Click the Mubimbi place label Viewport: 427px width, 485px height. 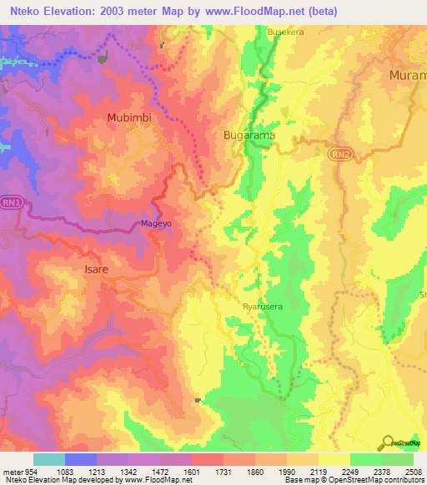tap(129, 118)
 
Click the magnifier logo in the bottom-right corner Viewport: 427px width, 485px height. tap(388, 442)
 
